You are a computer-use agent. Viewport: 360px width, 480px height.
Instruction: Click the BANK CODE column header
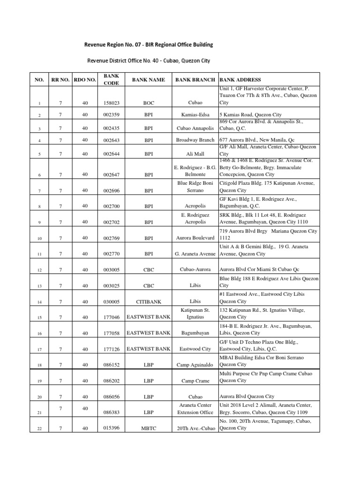coord(111,79)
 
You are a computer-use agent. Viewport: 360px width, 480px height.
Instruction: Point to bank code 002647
coord(112,175)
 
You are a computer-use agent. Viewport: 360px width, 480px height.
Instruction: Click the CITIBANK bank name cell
coord(149,302)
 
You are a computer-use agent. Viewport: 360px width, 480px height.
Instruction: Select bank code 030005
coord(112,302)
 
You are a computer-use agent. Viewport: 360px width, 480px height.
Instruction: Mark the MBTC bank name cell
coord(149,428)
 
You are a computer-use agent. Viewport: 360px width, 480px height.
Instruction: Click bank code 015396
coord(112,428)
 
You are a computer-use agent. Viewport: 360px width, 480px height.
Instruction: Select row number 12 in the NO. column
coord(40,270)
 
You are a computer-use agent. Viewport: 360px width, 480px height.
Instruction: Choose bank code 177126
coord(112,349)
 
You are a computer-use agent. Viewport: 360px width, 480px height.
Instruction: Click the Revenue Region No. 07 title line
coord(149,45)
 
